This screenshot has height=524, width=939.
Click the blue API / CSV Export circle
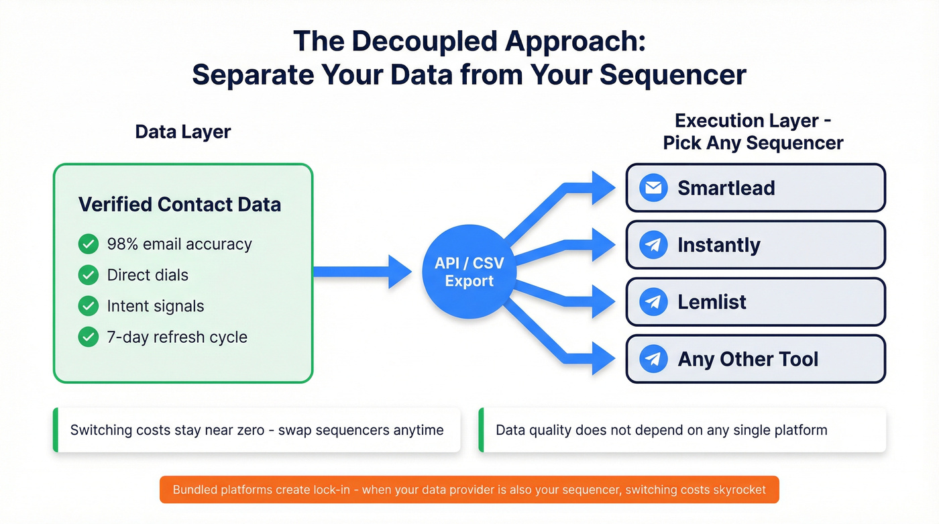[469, 272]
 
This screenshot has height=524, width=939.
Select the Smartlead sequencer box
[755, 188]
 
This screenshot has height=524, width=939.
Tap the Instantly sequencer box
[755, 245]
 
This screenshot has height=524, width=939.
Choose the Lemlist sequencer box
[755, 302]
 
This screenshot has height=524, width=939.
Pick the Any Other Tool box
[755, 359]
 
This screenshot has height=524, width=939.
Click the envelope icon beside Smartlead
[653, 188]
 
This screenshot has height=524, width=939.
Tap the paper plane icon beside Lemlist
[653, 302]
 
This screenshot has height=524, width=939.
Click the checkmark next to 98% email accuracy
[89, 244]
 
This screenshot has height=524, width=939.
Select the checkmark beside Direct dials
[89, 274]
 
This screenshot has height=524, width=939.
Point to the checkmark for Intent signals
[89, 306]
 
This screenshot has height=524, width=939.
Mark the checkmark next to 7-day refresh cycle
[89, 337]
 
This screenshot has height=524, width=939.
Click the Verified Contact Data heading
[179, 204]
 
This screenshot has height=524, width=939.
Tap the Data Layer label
[182, 132]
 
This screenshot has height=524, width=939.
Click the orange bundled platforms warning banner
[469, 490]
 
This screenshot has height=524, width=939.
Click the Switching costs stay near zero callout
[256, 429]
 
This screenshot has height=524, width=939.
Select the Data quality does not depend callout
[683, 429]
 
